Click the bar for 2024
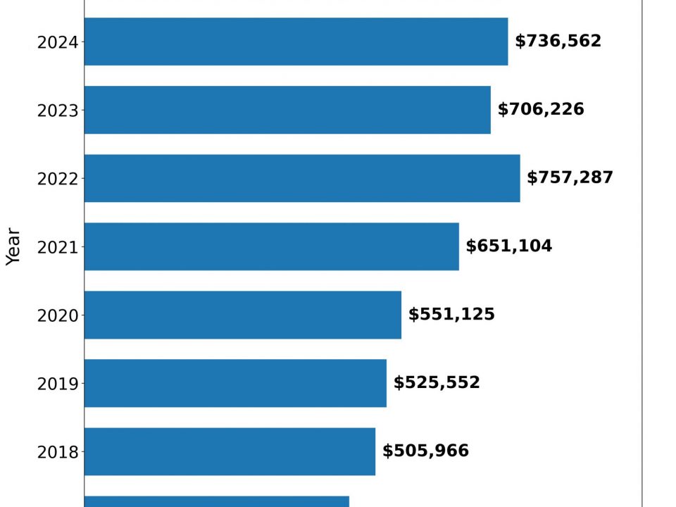point(296,42)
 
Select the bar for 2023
point(287,110)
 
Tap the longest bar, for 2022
point(302,178)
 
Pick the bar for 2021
point(271,246)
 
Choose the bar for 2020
point(242,315)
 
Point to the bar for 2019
point(235,383)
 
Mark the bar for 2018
point(230,451)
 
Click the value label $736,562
point(558,42)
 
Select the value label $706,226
point(541,110)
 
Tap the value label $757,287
point(570,178)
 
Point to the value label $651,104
point(508,246)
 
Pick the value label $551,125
point(451,315)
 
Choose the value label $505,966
point(425,451)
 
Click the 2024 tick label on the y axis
point(58,42)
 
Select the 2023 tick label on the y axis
point(58,111)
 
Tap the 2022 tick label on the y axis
point(58,179)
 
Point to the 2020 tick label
point(58,315)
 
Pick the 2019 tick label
point(58,384)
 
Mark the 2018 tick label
point(58,452)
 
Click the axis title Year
point(13,246)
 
